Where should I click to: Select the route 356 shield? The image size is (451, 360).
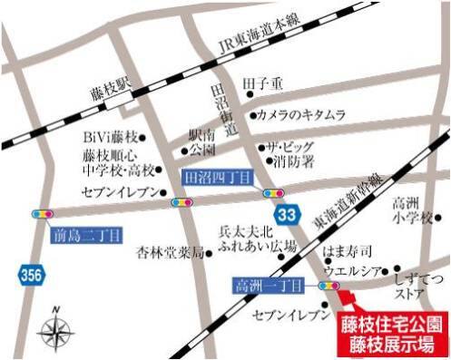point(29,275)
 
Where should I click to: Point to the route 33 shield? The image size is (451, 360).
point(286,215)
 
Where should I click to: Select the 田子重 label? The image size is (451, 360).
point(264,86)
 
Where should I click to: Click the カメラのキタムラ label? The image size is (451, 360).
point(300,115)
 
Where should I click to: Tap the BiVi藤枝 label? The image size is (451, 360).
point(109,138)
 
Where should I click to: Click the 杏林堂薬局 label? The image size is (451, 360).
point(168,250)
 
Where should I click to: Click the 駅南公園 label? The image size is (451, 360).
point(201,141)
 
